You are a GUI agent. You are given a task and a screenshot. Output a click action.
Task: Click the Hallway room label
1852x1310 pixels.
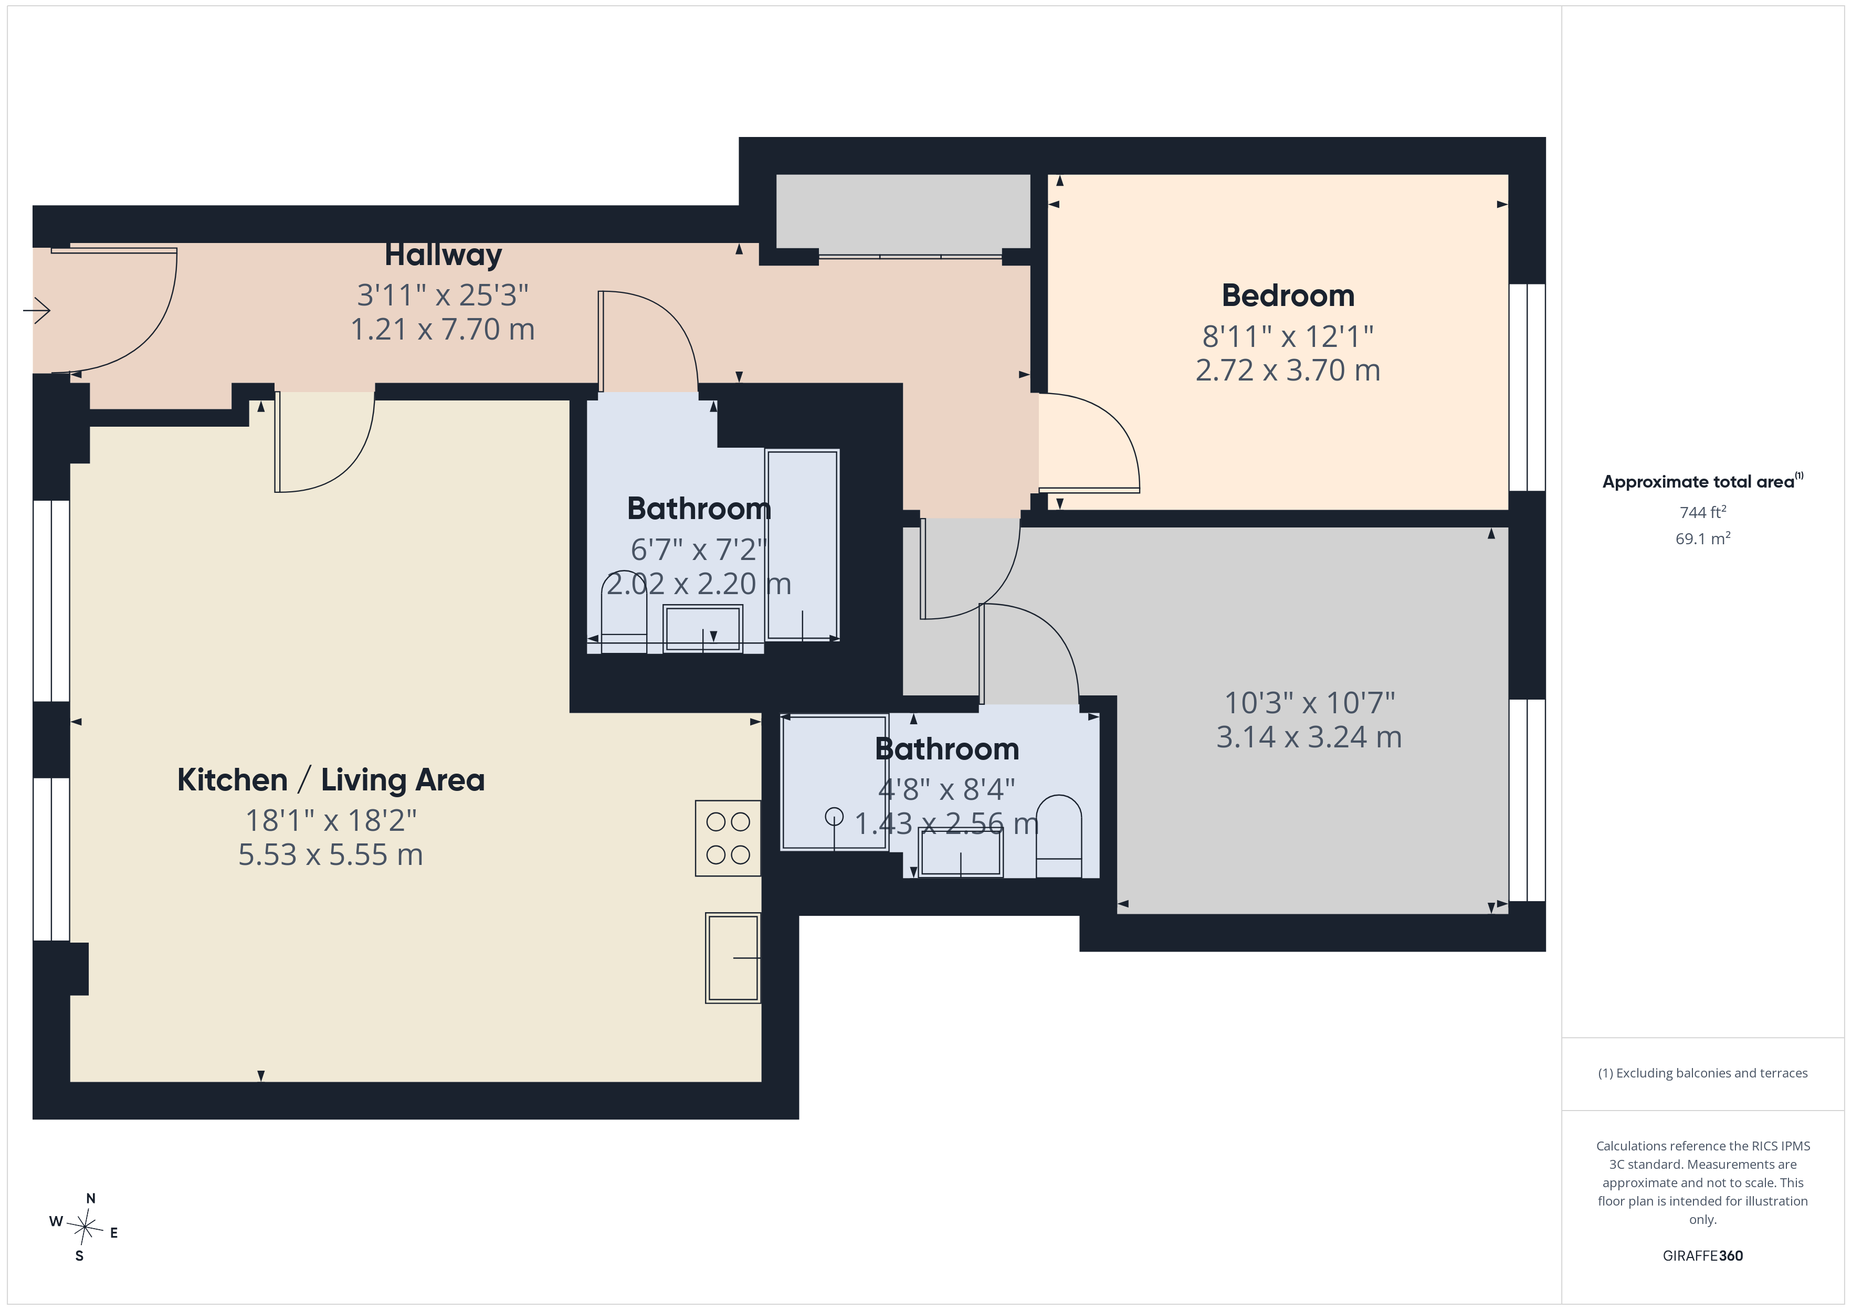(x=443, y=255)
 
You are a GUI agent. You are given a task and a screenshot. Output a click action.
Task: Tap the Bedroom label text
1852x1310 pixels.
(x=1288, y=295)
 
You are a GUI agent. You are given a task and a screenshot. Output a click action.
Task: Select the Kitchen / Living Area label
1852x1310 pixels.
(x=331, y=780)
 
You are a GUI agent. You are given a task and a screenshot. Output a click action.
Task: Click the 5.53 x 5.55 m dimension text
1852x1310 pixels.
(x=331, y=854)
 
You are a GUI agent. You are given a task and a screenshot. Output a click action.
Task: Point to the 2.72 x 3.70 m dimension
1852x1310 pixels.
(x=1288, y=370)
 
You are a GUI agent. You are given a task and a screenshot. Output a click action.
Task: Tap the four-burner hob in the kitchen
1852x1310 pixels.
(x=728, y=838)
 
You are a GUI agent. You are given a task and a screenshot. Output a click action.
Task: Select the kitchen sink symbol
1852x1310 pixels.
(x=732, y=957)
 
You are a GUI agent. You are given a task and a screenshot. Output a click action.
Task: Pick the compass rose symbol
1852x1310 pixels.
(x=85, y=1228)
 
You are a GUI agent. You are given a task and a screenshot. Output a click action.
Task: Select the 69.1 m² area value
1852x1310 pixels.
(x=1703, y=538)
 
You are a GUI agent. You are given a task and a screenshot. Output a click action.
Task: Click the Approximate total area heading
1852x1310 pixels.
(x=1703, y=482)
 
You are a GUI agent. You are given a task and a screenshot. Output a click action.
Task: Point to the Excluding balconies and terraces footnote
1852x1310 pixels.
(x=1703, y=1073)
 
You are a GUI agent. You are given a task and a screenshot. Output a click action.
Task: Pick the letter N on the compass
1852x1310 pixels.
(x=91, y=1199)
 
